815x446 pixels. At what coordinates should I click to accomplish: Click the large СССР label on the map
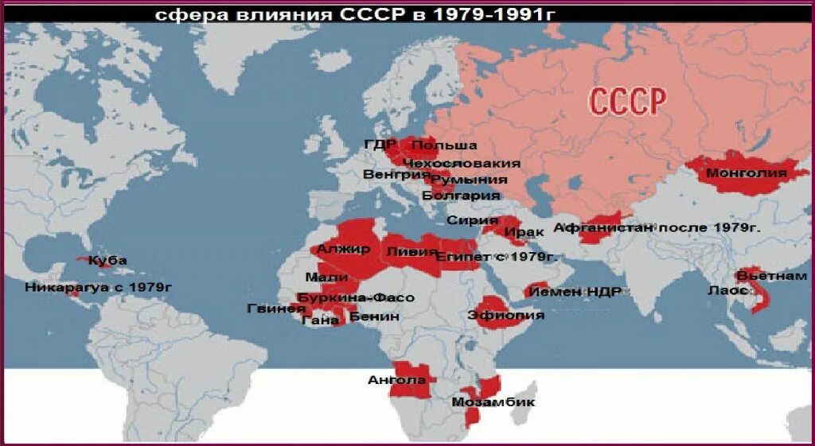click(626, 102)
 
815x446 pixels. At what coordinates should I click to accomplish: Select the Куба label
click(107, 260)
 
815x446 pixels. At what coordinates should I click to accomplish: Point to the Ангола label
click(392, 379)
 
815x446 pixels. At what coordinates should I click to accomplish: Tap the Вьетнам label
click(771, 276)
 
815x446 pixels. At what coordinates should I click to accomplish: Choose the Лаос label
click(727, 290)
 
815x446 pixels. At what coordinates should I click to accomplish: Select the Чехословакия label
click(462, 163)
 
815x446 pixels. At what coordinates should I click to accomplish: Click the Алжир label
click(343, 249)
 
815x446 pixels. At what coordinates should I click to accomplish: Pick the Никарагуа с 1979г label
click(99, 286)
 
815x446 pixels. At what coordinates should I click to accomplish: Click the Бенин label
click(374, 316)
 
